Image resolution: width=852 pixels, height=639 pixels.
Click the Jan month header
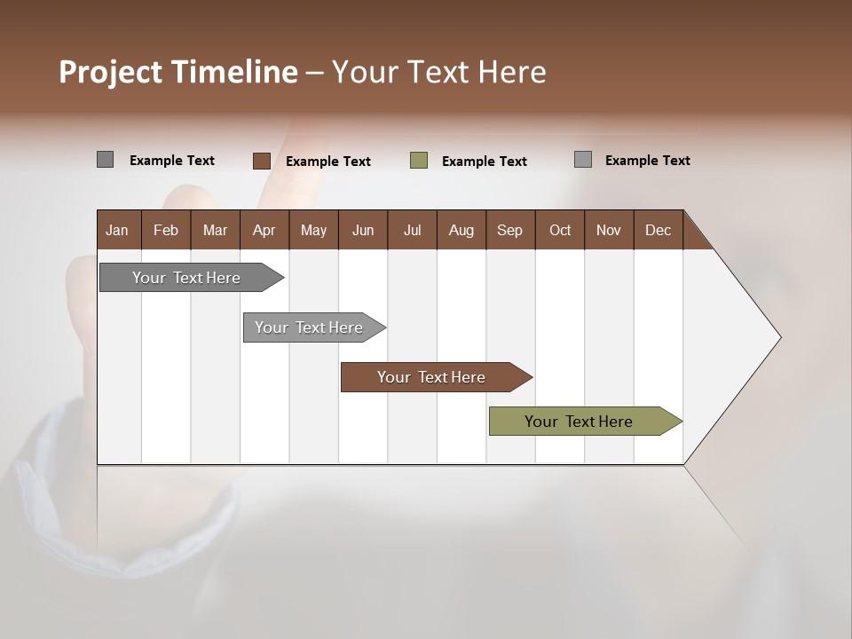[117, 230]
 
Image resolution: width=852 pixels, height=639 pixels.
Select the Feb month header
[166, 230]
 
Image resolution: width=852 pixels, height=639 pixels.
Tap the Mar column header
[215, 230]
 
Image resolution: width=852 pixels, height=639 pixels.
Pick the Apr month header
[264, 230]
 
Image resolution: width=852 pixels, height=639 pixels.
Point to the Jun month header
[363, 230]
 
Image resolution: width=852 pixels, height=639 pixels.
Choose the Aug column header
[461, 230]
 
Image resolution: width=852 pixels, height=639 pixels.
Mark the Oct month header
[560, 230]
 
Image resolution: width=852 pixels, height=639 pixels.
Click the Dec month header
[658, 230]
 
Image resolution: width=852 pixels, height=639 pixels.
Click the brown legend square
[261, 161]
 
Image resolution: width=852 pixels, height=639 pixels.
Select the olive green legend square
[419, 161]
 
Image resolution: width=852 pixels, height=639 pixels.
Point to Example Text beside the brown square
[328, 162]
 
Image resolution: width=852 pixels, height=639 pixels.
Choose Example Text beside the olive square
[485, 162]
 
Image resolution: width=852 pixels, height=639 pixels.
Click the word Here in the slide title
[512, 72]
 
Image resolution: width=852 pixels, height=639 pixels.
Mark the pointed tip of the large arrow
[779, 337]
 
